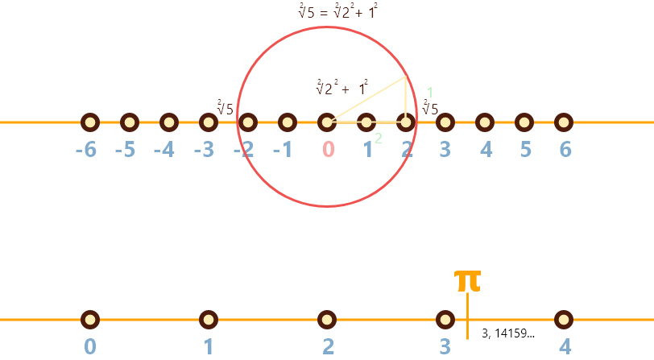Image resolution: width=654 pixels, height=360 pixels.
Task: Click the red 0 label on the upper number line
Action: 328,150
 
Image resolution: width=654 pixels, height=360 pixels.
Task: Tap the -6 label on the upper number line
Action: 85,150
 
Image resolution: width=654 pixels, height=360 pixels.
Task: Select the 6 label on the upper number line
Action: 565,150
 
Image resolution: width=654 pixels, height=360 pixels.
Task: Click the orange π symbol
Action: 467,280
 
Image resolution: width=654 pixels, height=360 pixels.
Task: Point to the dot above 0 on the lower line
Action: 90,320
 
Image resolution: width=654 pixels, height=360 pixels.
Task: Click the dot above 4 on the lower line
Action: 564,320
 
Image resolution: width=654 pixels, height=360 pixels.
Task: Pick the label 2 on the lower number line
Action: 328,347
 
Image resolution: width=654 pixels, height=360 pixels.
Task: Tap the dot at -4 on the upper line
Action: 169,122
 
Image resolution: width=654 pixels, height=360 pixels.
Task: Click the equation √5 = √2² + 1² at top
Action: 337,11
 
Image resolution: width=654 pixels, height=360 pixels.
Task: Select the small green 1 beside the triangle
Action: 430,93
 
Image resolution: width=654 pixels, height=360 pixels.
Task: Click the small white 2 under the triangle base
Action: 379,139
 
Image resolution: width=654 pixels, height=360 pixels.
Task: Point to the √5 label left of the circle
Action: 225,108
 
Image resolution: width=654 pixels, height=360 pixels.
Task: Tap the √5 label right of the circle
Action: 430,109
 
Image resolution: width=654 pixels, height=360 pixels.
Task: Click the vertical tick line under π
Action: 467,318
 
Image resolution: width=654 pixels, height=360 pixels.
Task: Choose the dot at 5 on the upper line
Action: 524,122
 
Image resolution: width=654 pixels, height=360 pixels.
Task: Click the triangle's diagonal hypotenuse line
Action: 366,99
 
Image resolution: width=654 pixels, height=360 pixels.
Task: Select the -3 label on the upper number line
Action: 204,150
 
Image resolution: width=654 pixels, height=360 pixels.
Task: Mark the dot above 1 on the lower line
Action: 209,320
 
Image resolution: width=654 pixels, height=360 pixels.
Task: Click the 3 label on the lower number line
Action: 445,347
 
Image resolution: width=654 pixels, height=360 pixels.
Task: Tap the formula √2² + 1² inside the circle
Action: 342,88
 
